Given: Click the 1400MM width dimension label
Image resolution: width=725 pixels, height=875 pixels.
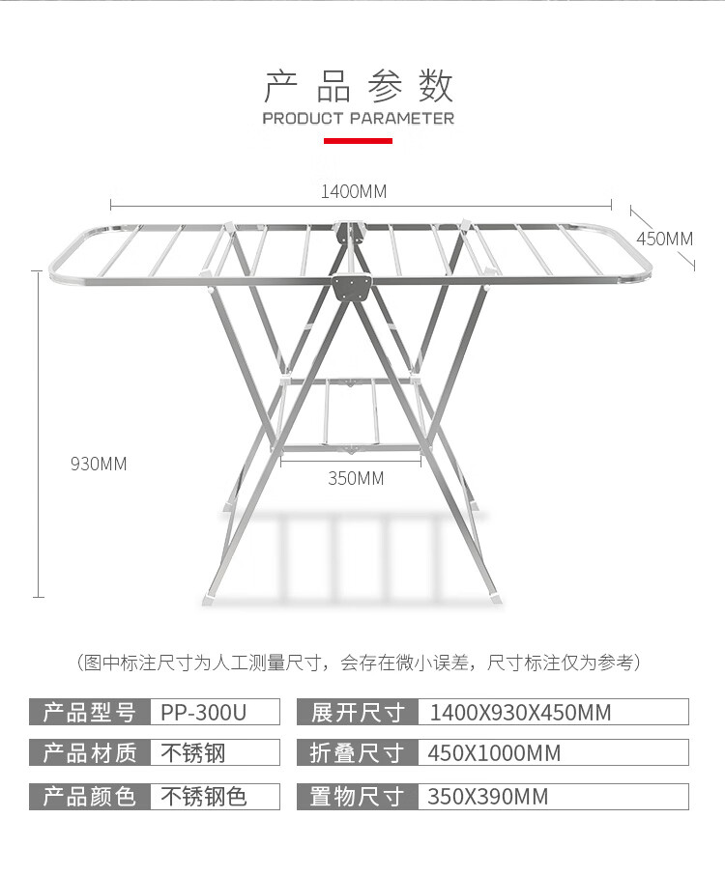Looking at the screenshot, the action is click(354, 191).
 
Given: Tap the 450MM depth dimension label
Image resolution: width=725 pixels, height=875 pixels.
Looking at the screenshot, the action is click(665, 239).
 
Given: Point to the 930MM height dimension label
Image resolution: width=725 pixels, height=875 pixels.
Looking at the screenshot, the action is click(99, 464).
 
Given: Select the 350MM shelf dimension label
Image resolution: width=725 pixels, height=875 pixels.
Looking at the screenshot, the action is click(356, 478).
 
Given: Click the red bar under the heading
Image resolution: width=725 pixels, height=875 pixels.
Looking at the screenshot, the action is click(358, 141).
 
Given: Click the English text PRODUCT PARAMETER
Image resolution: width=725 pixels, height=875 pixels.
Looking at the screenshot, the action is click(358, 118).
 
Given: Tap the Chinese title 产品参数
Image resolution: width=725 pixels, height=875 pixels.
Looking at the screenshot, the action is click(358, 86).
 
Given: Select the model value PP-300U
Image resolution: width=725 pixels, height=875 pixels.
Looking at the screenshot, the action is click(204, 713).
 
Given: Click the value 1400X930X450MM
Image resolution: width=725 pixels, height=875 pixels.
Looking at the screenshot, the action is click(521, 713).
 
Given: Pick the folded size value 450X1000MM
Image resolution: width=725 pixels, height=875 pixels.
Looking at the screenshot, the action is click(494, 753).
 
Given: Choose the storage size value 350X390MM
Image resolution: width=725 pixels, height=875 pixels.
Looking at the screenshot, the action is click(488, 797).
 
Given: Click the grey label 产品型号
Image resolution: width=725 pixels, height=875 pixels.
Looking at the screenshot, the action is click(89, 712).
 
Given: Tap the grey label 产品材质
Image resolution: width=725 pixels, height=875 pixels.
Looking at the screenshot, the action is click(89, 752).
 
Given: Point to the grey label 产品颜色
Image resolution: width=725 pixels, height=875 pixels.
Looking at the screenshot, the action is click(89, 797).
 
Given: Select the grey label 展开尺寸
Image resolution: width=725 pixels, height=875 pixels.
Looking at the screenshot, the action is click(358, 712).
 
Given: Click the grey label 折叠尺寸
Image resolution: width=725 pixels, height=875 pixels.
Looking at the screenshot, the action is click(358, 752).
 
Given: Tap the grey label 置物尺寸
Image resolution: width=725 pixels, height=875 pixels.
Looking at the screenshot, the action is click(358, 797).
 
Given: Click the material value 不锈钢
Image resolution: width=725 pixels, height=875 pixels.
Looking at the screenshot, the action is click(193, 753).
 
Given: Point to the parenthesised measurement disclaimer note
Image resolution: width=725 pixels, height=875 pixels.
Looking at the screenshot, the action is click(359, 663).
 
